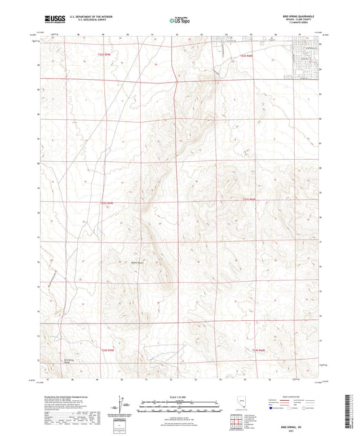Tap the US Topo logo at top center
click(179, 20)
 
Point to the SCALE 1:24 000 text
click(179, 397)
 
